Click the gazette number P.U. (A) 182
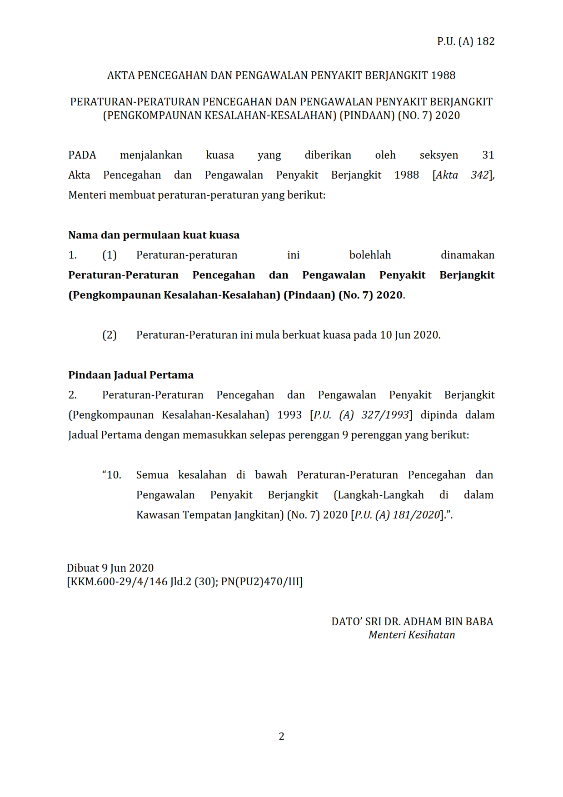(465, 41)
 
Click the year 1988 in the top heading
(443, 75)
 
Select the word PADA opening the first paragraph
(82, 155)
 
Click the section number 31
(488, 155)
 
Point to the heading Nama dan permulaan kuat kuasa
(154, 235)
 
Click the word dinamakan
(467, 255)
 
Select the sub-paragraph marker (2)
(109, 335)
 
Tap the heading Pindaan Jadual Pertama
(131, 375)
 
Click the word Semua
(152, 475)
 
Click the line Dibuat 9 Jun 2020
(110, 568)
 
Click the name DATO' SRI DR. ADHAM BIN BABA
(412, 622)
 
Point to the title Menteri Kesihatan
(411, 635)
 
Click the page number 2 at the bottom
(281, 737)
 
